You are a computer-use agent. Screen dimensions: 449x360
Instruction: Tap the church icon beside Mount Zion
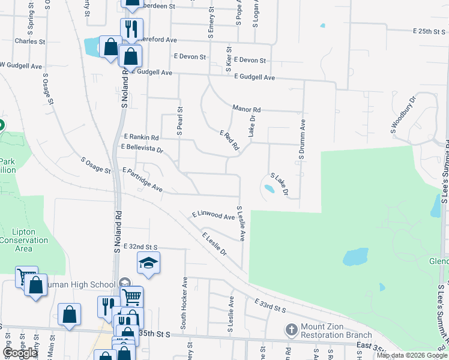tap(291, 329)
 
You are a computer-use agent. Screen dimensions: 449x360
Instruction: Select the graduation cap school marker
tap(148, 263)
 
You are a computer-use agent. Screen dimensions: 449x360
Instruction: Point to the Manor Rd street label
tap(247, 109)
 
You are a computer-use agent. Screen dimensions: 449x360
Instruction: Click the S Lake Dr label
tap(280, 185)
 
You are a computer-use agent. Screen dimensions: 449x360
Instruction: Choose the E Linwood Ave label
tap(213, 215)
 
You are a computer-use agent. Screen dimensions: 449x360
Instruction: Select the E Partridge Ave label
tap(143, 179)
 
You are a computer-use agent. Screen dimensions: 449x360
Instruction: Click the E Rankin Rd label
tap(141, 137)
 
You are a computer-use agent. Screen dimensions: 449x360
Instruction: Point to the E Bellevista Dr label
tap(142, 147)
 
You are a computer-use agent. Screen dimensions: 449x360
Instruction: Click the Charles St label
tap(30, 41)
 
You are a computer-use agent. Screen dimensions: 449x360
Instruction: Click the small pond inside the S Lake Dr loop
tap(269, 189)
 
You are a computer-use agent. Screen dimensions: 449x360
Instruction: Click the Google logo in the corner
tap(20, 352)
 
